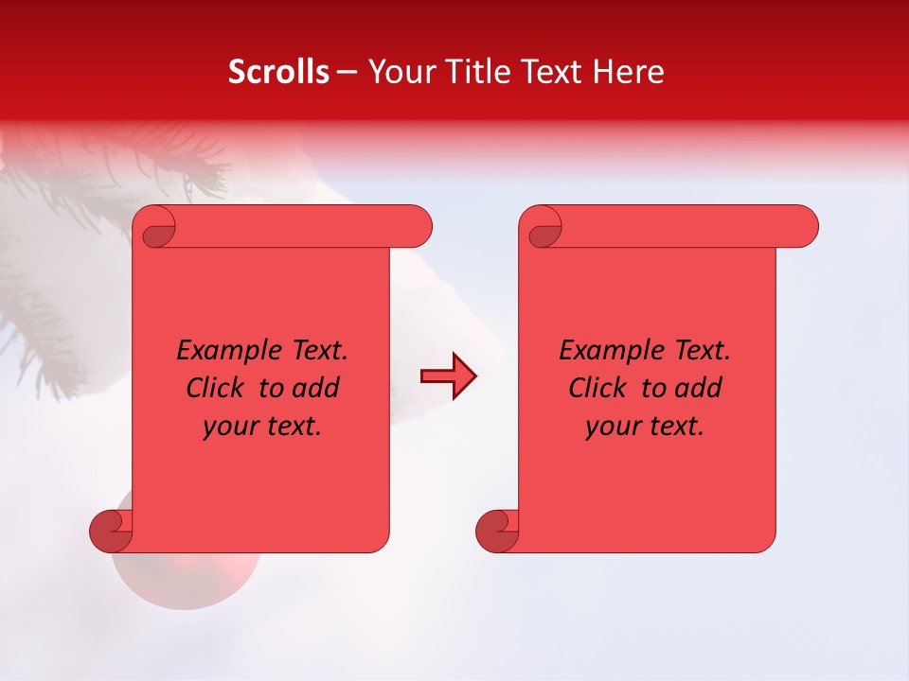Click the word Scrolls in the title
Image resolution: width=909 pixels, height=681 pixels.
pyautogui.click(x=278, y=72)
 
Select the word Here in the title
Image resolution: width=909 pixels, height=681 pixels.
pyautogui.click(x=627, y=72)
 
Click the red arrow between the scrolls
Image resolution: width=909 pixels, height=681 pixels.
pyautogui.click(x=448, y=376)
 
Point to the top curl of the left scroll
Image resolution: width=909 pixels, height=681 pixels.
pyautogui.click(x=158, y=228)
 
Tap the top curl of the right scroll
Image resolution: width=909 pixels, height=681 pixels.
pyautogui.click(x=544, y=228)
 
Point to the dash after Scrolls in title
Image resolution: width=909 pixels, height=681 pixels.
pyautogui.click(x=347, y=72)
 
